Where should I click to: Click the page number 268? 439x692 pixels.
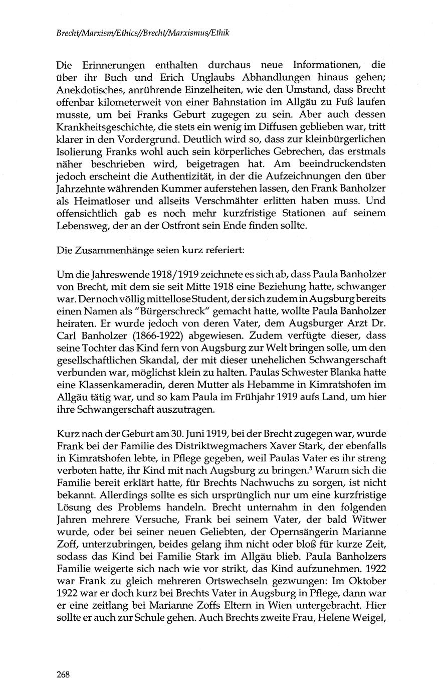click(x=63, y=674)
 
